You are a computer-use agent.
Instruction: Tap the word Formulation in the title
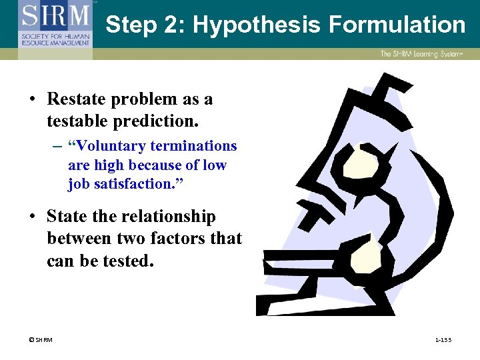[397, 25]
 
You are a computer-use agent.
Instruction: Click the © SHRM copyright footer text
[40, 340]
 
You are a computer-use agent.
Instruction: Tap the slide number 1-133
[443, 340]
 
